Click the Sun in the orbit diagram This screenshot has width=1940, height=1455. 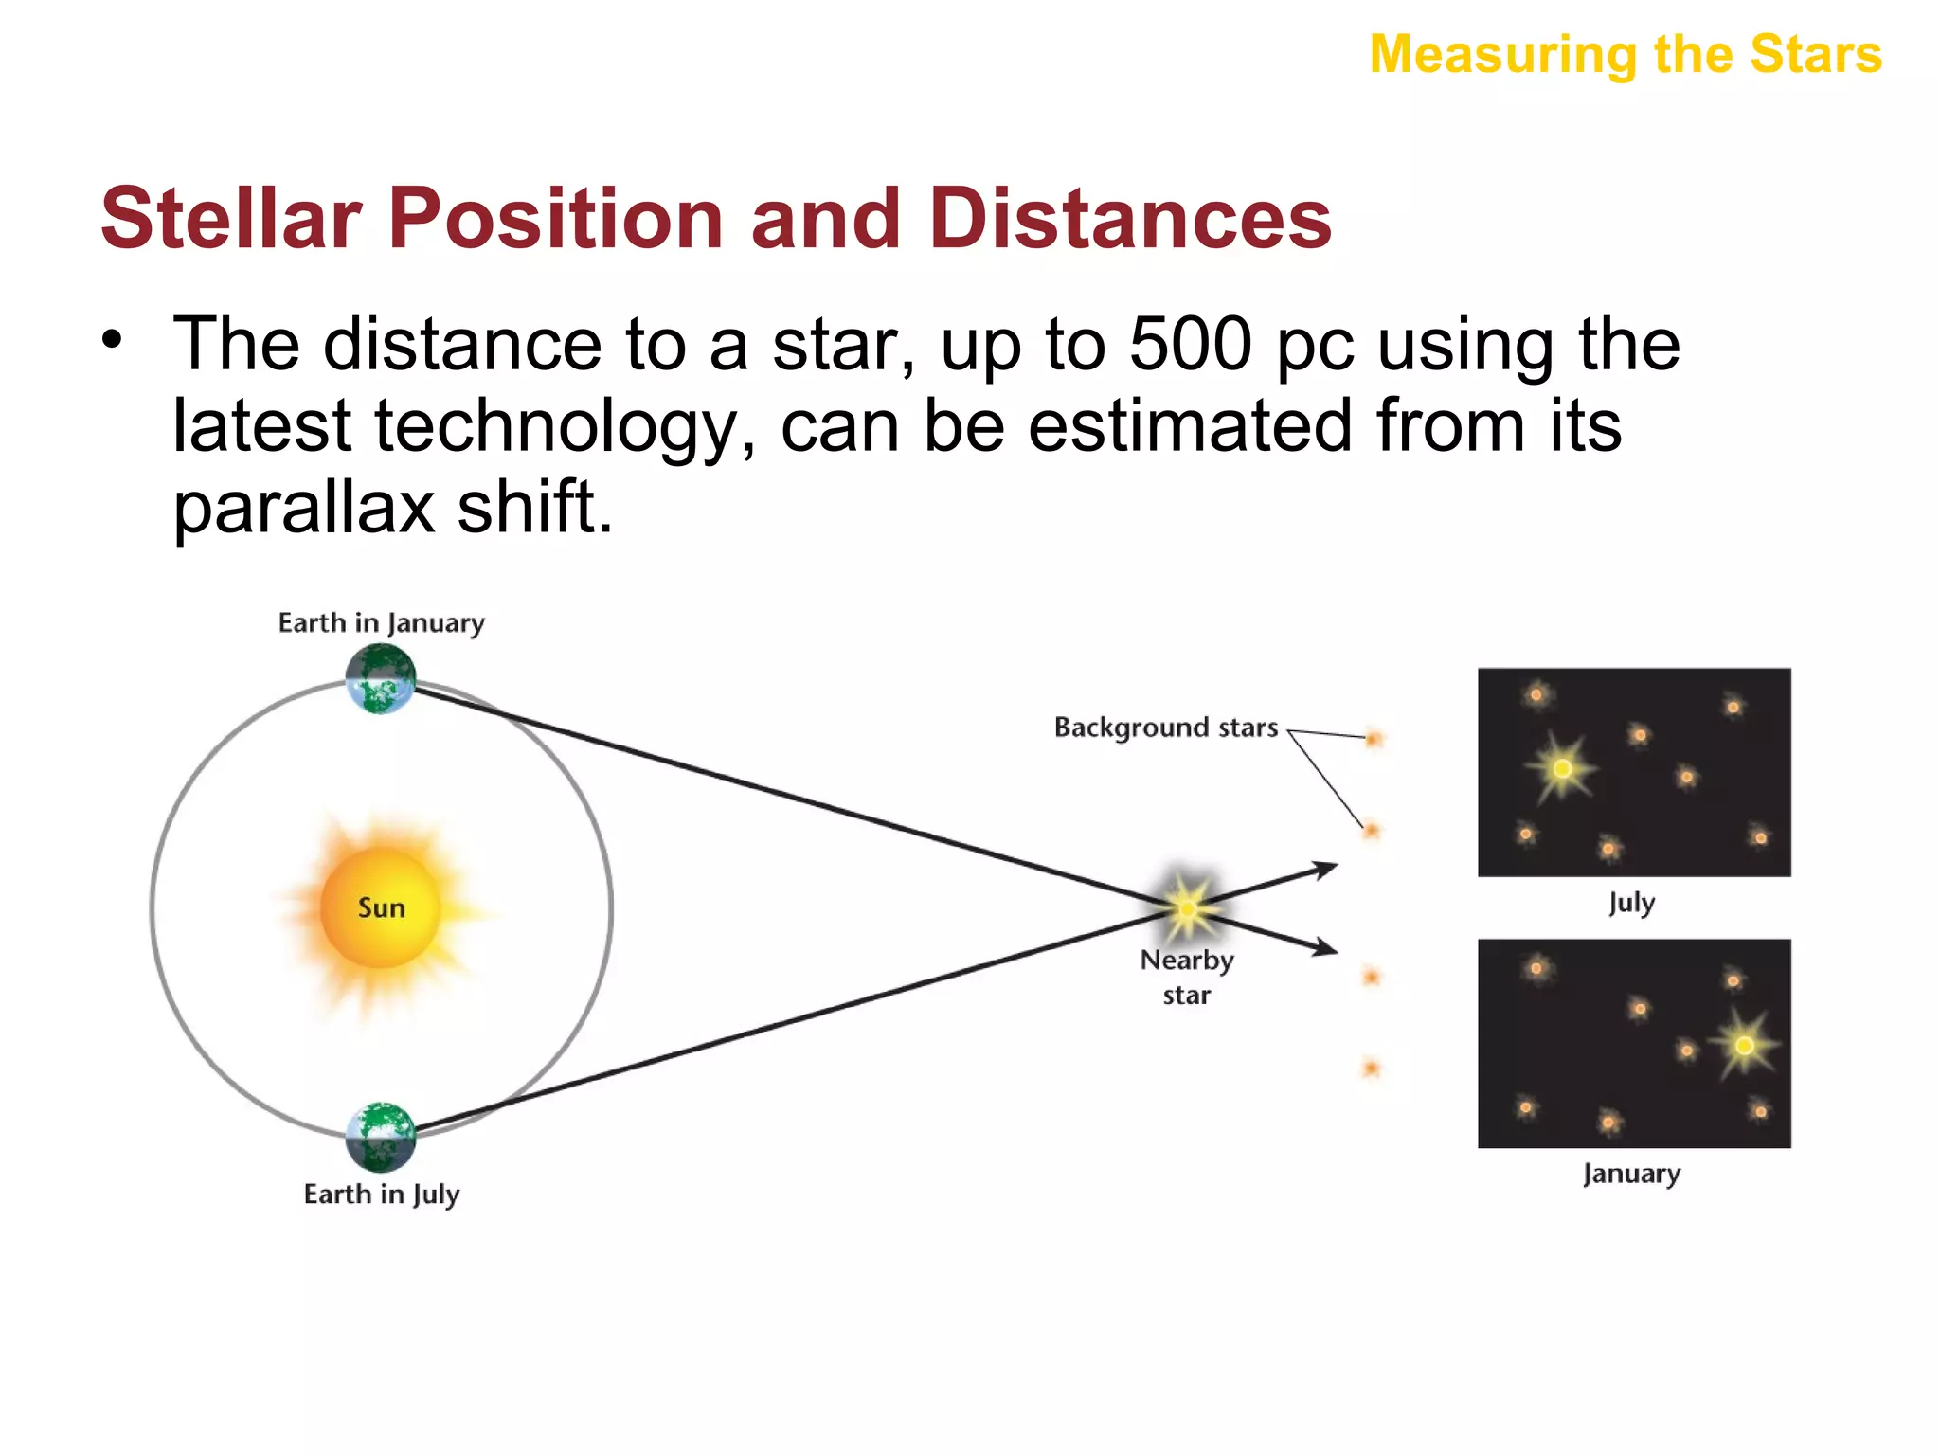click(381, 907)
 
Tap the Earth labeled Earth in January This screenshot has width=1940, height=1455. click(381, 678)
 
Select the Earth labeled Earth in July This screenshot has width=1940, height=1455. click(381, 1137)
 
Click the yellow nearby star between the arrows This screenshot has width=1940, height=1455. click(1186, 907)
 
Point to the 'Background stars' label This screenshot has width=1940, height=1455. click(1166, 727)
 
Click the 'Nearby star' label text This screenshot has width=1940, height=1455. click(1187, 977)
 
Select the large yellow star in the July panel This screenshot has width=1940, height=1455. click(1562, 768)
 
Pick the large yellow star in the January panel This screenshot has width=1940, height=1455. click(1744, 1046)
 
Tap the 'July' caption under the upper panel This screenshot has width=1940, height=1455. click(1631, 903)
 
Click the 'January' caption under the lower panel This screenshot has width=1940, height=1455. click(1631, 1174)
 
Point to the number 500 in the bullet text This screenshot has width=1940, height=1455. click(1192, 345)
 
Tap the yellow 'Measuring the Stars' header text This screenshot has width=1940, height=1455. click(1626, 54)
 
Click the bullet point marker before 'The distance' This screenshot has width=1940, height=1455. click(113, 339)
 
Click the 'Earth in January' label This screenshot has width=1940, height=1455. click(381, 623)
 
